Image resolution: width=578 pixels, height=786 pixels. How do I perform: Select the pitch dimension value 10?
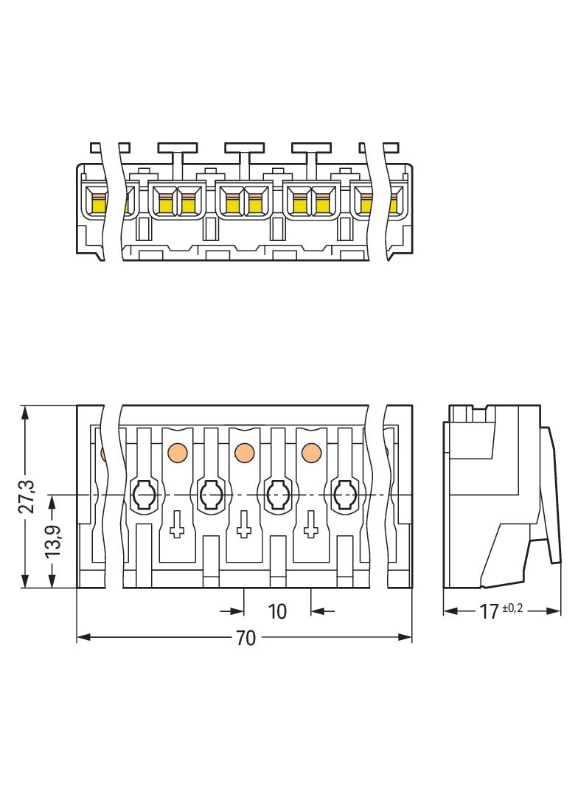tap(277, 611)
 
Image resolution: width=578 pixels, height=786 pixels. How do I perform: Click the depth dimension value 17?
tap(489, 611)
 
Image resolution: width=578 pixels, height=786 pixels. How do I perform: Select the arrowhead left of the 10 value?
tap(237, 611)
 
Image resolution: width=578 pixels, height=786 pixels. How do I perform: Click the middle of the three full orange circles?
tap(243, 451)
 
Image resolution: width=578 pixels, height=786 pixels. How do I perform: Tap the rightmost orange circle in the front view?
tap(310, 451)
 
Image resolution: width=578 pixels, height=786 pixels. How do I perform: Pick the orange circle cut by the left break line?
tap(103, 451)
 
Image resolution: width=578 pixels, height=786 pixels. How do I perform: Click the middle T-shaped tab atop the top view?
tap(245, 153)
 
